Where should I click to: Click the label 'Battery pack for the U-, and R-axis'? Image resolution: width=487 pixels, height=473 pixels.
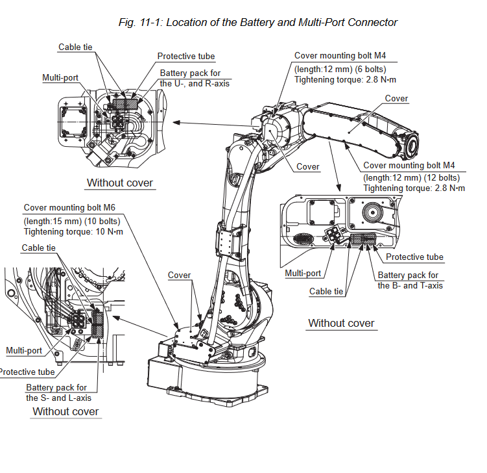[x=195, y=78]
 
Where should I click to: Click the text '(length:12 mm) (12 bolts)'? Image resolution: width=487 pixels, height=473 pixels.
[x=411, y=177]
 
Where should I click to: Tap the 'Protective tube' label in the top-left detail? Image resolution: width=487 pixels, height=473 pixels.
[x=185, y=57]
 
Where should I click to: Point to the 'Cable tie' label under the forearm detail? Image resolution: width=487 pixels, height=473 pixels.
[x=326, y=291]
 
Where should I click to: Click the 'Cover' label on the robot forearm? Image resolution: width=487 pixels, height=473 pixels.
[x=396, y=99]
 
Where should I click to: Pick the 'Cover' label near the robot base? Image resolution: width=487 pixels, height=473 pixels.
[x=179, y=275]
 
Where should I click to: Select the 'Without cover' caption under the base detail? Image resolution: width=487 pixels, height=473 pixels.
[x=65, y=411]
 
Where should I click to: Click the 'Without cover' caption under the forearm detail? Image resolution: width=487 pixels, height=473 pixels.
[x=341, y=323]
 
